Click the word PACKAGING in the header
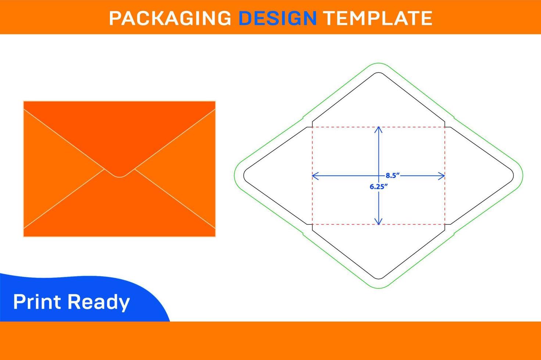pyautogui.click(x=170, y=18)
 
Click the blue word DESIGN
pyautogui.click(x=277, y=18)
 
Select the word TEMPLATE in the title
pyautogui.click(x=378, y=18)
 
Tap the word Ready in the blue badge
pyautogui.click(x=99, y=303)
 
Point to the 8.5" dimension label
pyautogui.click(x=393, y=176)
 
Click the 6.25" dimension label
pyautogui.click(x=379, y=186)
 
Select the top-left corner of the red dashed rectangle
pyautogui.click(x=312, y=127)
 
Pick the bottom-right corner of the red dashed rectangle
pyautogui.click(x=445, y=224)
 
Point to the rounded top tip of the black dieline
pyautogui.click(x=379, y=72)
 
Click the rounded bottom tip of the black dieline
pyautogui.click(x=379, y=279)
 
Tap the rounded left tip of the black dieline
pyautogui.click(x=244, y=176)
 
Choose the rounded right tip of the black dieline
pyautogui.click(x=513, y=176)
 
